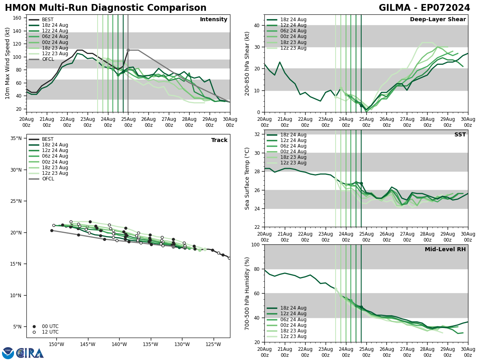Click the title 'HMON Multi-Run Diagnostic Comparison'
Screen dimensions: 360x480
pos(106,8)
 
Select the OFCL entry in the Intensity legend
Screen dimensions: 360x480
pos(48,59)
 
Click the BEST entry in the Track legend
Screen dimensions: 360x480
pos(48,139)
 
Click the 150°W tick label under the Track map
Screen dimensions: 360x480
pos(56,344)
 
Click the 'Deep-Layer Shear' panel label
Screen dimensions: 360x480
pos(438,20)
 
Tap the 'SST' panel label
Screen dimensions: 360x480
pos(460,135)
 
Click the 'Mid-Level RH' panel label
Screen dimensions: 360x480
pos(445,250)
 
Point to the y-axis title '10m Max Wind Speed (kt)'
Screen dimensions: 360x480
pos(8,63)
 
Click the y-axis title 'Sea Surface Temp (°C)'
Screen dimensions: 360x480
pos(247,178)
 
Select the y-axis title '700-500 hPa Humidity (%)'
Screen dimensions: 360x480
pos(247,293)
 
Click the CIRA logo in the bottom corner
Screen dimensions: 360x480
pos(23,353)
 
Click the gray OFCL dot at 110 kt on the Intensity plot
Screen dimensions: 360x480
pos(128,50)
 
